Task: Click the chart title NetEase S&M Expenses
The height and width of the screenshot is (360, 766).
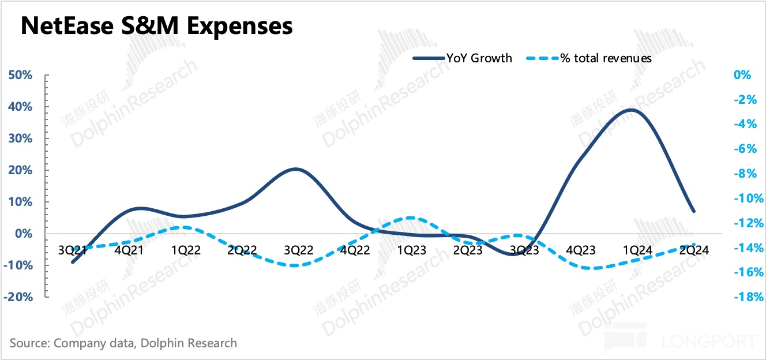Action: click(156, 27)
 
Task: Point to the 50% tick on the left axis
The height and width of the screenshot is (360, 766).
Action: click(20, 76)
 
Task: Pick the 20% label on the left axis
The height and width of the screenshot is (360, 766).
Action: click(20, 171)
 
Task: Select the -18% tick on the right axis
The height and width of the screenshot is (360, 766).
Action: click(744, 297)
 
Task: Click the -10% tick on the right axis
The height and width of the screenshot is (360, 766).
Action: click(744, 198)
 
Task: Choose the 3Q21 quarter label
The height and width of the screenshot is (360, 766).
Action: click(72, 250)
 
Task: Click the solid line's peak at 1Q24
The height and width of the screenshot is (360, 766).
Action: click(633, 110)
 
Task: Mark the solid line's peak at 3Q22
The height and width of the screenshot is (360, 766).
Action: click(295, 169)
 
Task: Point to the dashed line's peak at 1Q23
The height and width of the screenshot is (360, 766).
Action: click(409, 218)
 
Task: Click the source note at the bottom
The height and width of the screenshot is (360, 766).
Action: click(123, 343)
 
